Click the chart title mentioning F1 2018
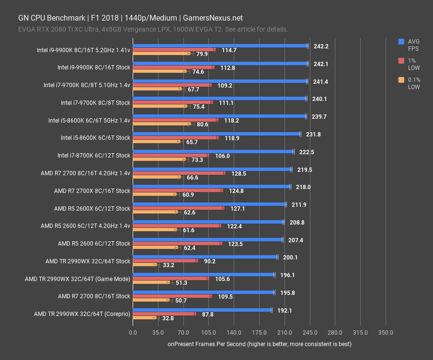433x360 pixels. (x=130, y=18)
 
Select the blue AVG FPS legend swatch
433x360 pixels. (x=401, y=42)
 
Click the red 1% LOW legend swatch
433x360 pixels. (x=401, y=61)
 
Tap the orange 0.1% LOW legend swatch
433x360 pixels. (x=401, y=80)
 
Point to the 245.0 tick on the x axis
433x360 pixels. (x=309, y=332)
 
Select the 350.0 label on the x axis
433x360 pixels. (x=385, y=332)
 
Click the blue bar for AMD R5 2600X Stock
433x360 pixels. (x=209, y=204)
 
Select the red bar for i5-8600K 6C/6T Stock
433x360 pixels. (x=175, y=138)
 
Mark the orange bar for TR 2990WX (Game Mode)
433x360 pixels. (x=150, y=282)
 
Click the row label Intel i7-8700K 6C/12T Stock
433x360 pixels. (x=93, y=155)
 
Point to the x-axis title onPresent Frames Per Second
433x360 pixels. (x=259, y=344)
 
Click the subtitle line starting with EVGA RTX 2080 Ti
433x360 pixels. (x=153, y=29)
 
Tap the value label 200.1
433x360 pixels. (x=290, y=257)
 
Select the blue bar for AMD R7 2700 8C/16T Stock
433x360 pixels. (x=203, y=292)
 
